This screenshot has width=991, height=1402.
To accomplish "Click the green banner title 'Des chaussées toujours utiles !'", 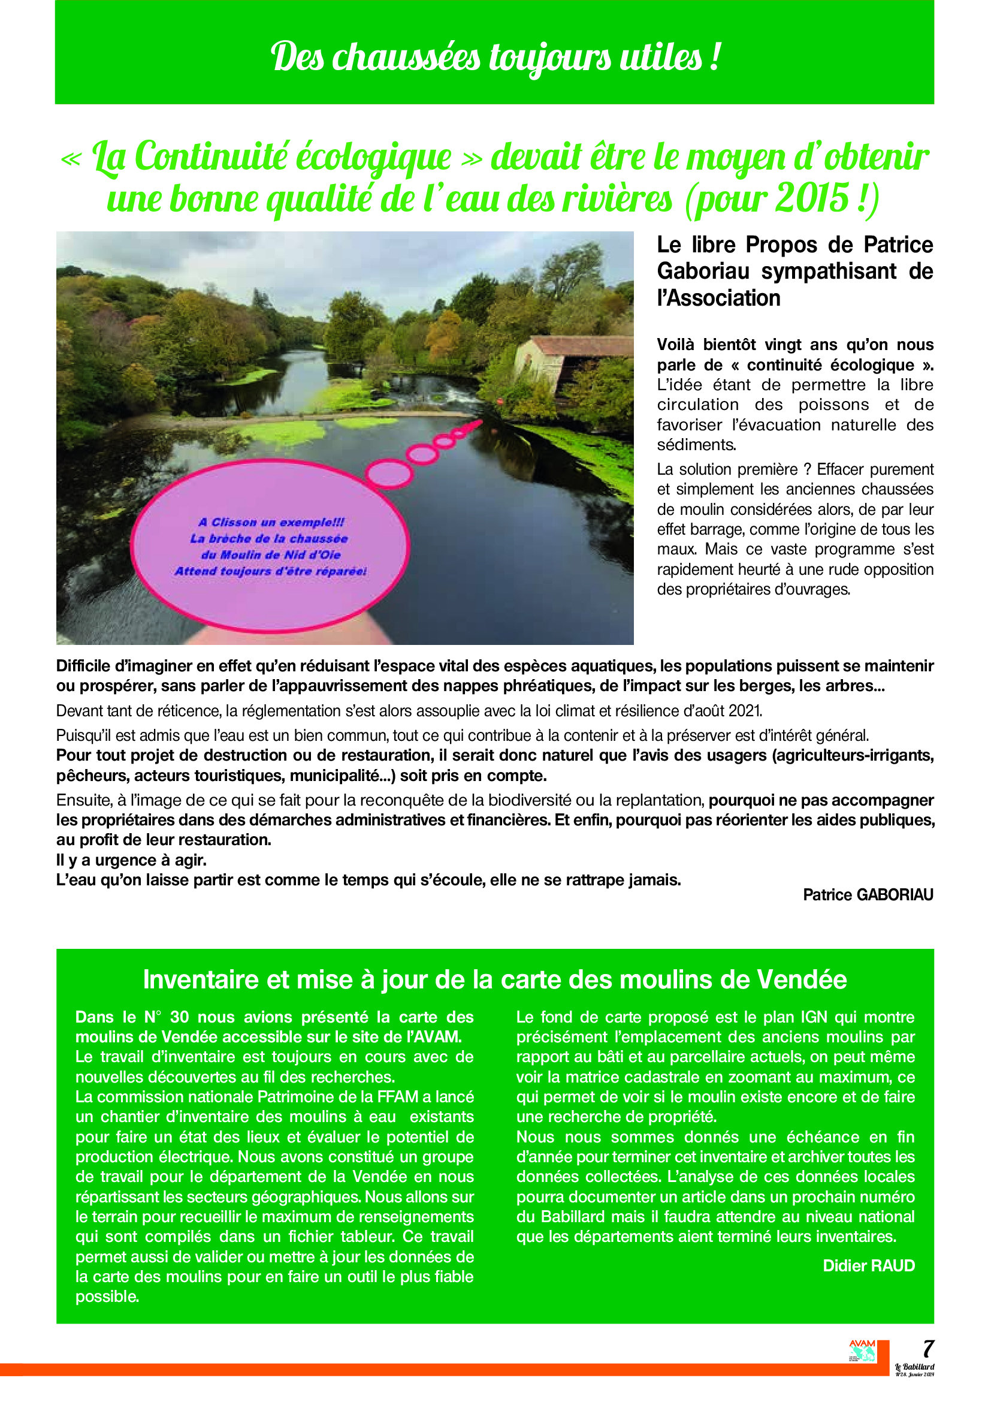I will [495, 58].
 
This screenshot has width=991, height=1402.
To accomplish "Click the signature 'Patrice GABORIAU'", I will [868, 895].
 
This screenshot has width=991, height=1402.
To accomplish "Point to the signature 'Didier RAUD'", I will [868, 1266].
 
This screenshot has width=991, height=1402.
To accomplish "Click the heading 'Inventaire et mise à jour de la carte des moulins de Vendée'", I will [495, 980].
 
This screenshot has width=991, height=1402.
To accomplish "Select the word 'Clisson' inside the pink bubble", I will [234, 522].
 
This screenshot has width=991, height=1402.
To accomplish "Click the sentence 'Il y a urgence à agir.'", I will [131, 860].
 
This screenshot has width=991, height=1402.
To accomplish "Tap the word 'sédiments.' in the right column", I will [696, 445].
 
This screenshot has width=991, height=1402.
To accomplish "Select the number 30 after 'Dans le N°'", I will [179, 1017].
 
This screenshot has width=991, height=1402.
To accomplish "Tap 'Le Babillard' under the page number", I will [914, 1367].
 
